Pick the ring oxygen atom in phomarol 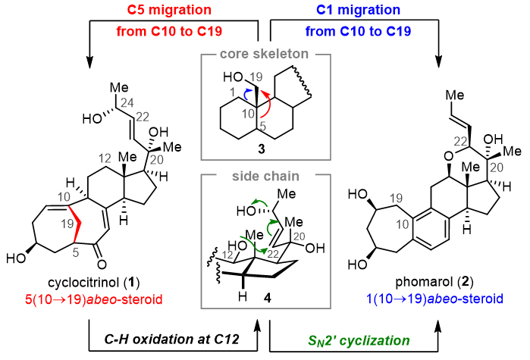click(x=407, y=155)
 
